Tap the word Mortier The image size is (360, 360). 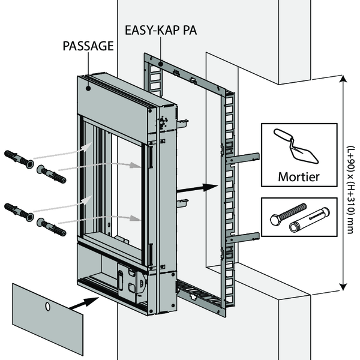pyautogui.click(x=298, y=177)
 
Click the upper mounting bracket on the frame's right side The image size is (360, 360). pyautogui.click(x=243, y=159)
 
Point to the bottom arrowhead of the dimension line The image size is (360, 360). pyautogui.click(x=343, y=287)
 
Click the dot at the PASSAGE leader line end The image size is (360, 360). pyautogui.click(x=88, y=87)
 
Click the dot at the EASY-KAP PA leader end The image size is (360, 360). pyautogui.click(x=160, y=64)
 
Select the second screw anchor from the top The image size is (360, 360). pyautogui.click(x=50, y=174)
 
